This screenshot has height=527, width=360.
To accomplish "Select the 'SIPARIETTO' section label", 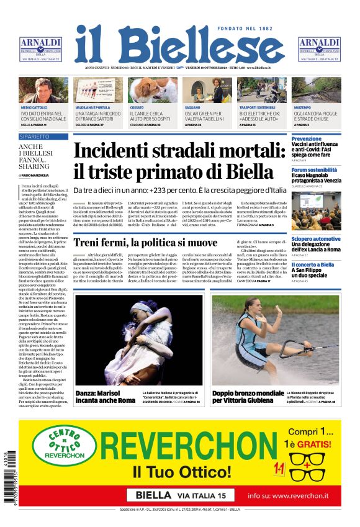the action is click(x=34, y=136).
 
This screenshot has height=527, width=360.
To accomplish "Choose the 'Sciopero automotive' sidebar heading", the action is click(x=316, y=239).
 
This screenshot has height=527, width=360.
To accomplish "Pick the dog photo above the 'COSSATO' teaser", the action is click(x=153, y=89).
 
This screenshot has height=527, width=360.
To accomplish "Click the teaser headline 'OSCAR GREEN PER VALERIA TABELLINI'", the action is click(x=203, y=116).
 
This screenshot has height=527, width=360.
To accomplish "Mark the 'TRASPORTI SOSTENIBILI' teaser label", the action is click(x=257, y=107).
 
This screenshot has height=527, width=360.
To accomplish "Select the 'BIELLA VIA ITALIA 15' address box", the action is click(x=180, y=495).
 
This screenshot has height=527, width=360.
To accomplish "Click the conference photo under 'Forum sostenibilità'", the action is click(x=316, y=211).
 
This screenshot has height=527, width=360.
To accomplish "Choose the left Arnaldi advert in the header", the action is click(x=41, y=49).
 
